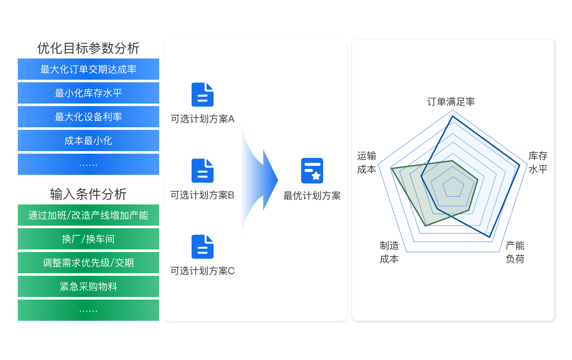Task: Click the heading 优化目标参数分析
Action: point(88,48)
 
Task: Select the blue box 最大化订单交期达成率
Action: point(88,69)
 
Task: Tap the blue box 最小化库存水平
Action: point(88,93)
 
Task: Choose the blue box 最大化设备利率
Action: point(88,117)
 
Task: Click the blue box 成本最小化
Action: point(88,140)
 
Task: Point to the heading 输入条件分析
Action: point(88,194)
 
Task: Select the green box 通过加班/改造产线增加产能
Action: point(88,215)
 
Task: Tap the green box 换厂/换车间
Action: point(88,239)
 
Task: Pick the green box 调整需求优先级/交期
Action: point(88,263)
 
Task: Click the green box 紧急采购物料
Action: point(88,286)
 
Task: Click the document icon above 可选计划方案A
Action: point(202,94)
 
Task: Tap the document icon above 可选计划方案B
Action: point(202,171)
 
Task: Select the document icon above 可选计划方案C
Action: point(202,247)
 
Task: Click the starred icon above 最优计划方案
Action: point(312,171)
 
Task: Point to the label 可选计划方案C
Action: point(202,271)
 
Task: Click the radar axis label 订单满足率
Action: point(451,102)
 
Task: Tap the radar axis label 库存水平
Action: point(538,162)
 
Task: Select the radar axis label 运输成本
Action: point(367,162)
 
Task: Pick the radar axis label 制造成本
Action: point(389,252)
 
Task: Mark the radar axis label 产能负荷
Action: point(515,252)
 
